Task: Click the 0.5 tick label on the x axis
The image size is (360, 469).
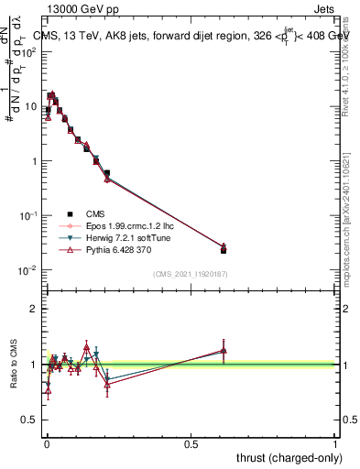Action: coord(191,444)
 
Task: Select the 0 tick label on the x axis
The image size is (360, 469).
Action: coord(46,444)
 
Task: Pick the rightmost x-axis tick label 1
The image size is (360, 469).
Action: coord(336,444)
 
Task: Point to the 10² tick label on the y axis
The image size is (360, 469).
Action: coord(29,51)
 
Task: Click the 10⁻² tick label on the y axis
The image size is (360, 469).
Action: coord(27,270)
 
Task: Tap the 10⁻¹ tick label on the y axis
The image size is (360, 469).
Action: coord(27,215)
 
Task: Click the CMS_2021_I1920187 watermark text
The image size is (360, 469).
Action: coord(190,274)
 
